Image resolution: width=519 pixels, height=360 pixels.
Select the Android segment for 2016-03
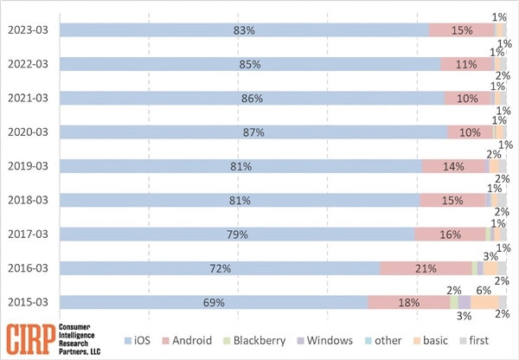425,268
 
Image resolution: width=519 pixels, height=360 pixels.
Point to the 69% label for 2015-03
214,302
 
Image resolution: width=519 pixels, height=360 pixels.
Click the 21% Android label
425,268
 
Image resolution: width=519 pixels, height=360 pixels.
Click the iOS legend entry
141,340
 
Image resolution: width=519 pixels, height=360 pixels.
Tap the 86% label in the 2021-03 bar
252,99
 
